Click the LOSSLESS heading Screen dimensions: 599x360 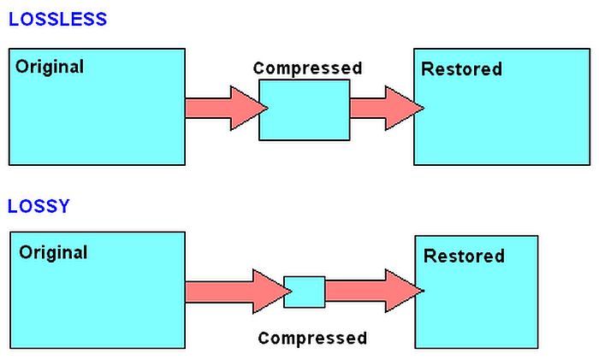tap(57, 19)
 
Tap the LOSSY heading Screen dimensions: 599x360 tap(39, 206)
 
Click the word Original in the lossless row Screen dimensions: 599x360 tap(50, 68)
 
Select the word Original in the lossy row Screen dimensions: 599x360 tap(53, 253)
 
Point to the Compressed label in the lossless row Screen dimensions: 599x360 tap(307, 68)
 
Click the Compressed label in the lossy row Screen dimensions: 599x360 tap(312, 339)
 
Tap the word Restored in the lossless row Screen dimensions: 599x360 tap(461, 69)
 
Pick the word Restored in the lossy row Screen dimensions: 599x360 tap(464, 256)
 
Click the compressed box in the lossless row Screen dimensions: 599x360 tap(304, 110)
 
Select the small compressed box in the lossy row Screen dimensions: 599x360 tap(305, 292)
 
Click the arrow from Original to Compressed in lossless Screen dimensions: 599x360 tap(227, 108)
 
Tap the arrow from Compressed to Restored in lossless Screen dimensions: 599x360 tap(387, 108)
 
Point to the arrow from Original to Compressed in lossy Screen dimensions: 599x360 tap(239, 292)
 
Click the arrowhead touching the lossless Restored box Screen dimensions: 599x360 tap(404, 108)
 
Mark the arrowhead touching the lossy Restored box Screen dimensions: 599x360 tap(404, 291)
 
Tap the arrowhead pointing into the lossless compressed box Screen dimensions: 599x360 tap(249, 108)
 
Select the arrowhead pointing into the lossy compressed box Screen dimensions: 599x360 tap(272, 292)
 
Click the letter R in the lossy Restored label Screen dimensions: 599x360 tap(430, 256)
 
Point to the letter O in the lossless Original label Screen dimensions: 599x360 tap(22, 67)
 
